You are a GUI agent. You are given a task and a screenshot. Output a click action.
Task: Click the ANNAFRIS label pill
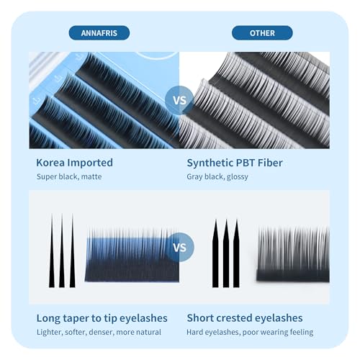pos(99,33)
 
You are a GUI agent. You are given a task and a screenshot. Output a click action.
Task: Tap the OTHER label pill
pos(262,33)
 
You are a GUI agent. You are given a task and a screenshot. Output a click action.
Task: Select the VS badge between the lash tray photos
pos(179,100)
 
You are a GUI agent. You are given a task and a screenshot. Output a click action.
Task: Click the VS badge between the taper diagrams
pos(179,247)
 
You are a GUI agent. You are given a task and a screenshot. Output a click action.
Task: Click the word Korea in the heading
pos(50,163)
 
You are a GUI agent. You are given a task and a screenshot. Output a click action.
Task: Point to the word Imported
pos(90,163)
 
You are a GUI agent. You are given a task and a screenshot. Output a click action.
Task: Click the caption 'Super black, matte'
pos(69,176)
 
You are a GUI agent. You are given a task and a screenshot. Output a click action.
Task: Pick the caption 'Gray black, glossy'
pos(217,177)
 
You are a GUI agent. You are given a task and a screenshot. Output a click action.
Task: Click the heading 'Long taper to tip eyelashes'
pos(102,318)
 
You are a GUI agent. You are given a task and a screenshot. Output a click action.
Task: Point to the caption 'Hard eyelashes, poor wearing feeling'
pos(250,333)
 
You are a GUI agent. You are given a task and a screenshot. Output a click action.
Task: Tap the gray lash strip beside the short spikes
pos(293,254)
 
